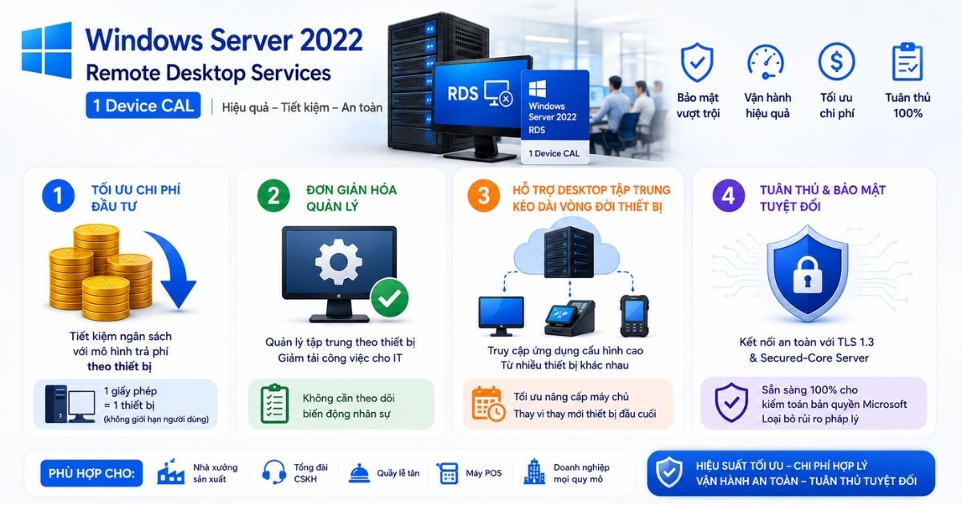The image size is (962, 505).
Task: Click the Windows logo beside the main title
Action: pyautogui.click(x=46, y=50)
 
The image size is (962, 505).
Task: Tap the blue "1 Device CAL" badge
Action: pyautogui.click(x=143, y=105)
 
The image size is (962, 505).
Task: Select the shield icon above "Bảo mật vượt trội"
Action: pyautogui.click(x=697, y=63)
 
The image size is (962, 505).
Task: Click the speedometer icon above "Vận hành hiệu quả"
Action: pyautogui.click(x=766, y=63)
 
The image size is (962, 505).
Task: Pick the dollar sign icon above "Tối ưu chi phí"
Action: pyautogui.click(x=836, y=62)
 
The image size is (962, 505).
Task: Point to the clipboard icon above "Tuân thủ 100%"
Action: pyautogui.click(x=907, y=62)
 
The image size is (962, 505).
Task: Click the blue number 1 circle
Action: pyautogui.click(x=58, y=196)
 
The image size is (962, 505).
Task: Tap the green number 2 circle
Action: pyautogui.click(x=273, y=196)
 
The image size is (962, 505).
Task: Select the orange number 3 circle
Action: pyautogui.click(x=483, y=196)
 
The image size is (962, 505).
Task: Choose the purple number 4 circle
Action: pyautogui.click(x=729, y=196)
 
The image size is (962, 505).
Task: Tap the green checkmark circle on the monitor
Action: pyautogui.click(x=390, y=297)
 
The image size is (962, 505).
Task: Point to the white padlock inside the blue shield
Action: pyautogui.click(x=807, y=275)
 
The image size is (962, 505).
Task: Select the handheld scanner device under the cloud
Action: pyautogui.click(x=634, y=316)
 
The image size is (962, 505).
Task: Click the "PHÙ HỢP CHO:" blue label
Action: pyautogui.click(x=91, y=473)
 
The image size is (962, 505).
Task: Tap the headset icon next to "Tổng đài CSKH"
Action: pyautogui.click(x=274, y=472)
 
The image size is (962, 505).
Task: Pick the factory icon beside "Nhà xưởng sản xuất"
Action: pyautogui.click(x=171, y=471)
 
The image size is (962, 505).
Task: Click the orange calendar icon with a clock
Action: pyautogui.click(x=488, y=404)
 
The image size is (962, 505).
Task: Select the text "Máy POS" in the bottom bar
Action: pyautogui.click(x=483, y=473)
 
